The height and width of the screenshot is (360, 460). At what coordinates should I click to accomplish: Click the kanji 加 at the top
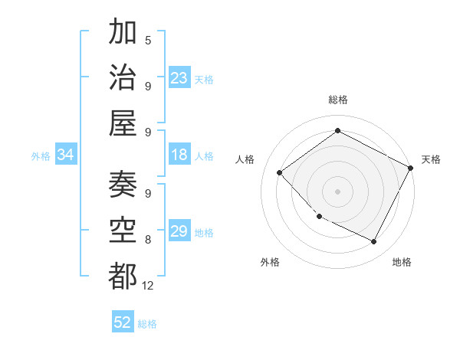[123, 32]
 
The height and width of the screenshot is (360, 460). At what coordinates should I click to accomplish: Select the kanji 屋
[123, 123]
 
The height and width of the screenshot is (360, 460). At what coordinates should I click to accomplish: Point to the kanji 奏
[123, 185]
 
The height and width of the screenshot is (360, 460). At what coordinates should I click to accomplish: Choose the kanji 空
[123, 230]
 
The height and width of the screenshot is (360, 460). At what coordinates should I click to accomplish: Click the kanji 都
[123, 275]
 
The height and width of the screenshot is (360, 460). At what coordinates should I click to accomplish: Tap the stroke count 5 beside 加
[148, 40]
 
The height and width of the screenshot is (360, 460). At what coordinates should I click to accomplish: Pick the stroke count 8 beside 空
[148, 240]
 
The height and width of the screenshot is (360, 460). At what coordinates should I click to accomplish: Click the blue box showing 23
[179, 78]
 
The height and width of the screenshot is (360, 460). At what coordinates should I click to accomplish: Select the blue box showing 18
[179, 155]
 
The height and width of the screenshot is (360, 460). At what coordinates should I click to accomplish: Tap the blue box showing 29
[179, 231]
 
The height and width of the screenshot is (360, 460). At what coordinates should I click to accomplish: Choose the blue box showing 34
[65, 155]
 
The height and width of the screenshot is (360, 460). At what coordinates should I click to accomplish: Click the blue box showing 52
[123, 322]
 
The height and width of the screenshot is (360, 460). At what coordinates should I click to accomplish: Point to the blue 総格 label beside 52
[147, 324]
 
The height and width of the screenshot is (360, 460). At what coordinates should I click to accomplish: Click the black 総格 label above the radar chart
[337, 100]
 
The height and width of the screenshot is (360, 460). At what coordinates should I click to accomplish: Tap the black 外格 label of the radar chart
[270, 262]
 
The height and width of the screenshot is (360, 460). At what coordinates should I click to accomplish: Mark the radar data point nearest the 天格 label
[411, 169]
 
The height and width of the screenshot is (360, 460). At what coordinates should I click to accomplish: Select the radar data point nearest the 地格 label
[374, 242]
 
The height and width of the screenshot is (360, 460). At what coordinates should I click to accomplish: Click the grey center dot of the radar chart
[337, 191]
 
